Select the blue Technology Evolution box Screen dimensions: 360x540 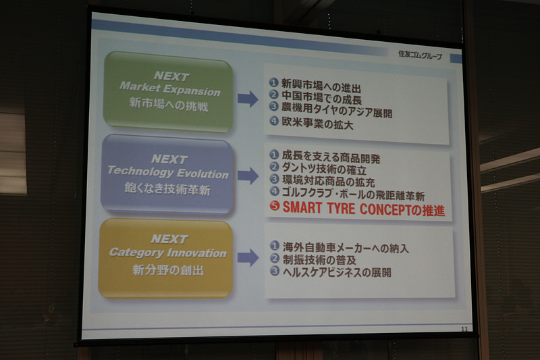[x=167, y=174]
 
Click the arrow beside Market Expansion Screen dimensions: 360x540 [x=248, y=99]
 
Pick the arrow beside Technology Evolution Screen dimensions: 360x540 [x=248, y=176]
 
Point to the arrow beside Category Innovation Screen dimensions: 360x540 [x=248, y=257]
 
